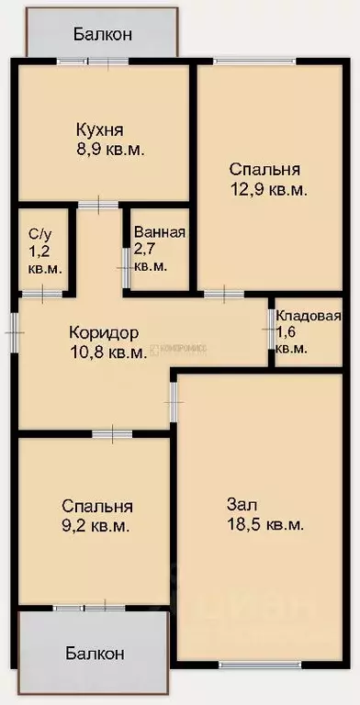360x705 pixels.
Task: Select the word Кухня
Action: point(100,129)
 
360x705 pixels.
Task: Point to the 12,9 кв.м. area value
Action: point(268,189)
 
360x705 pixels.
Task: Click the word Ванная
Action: point(160,232)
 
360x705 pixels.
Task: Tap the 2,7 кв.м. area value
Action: point(151,257)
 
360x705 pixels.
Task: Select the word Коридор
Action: point(104,332)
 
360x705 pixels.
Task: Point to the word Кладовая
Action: point(309,317)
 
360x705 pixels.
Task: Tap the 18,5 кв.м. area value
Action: point(264,525)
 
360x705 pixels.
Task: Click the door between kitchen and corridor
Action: point(93,205)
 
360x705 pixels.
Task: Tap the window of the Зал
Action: point(247,664)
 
